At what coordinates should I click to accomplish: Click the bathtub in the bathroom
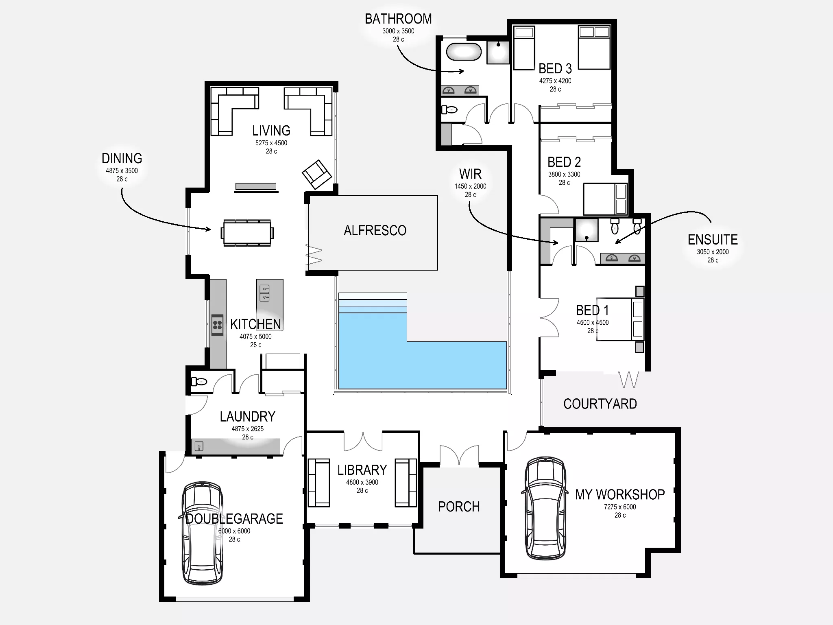[464, 52]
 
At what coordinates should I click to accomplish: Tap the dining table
[247, 233]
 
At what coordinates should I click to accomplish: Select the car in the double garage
[202, 533]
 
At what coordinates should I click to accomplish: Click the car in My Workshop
[545, 509]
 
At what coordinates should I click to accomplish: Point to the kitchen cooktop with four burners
[217, 324]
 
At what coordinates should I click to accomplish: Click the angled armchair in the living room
[317, 174]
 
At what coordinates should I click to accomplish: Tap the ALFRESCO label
[375, 231]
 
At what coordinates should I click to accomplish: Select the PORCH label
[459, 507]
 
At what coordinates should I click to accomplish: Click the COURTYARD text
[600, 404]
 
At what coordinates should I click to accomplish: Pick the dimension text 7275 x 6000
[620, 507]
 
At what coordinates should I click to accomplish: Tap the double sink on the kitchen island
[265, 293]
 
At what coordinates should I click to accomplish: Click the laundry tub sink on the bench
[199, 446]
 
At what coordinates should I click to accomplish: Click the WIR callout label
[470, 175]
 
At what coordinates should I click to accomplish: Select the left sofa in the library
[318, 483]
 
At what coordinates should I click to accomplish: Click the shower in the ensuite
[586, 230]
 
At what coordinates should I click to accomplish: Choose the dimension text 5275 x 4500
[271, 143]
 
